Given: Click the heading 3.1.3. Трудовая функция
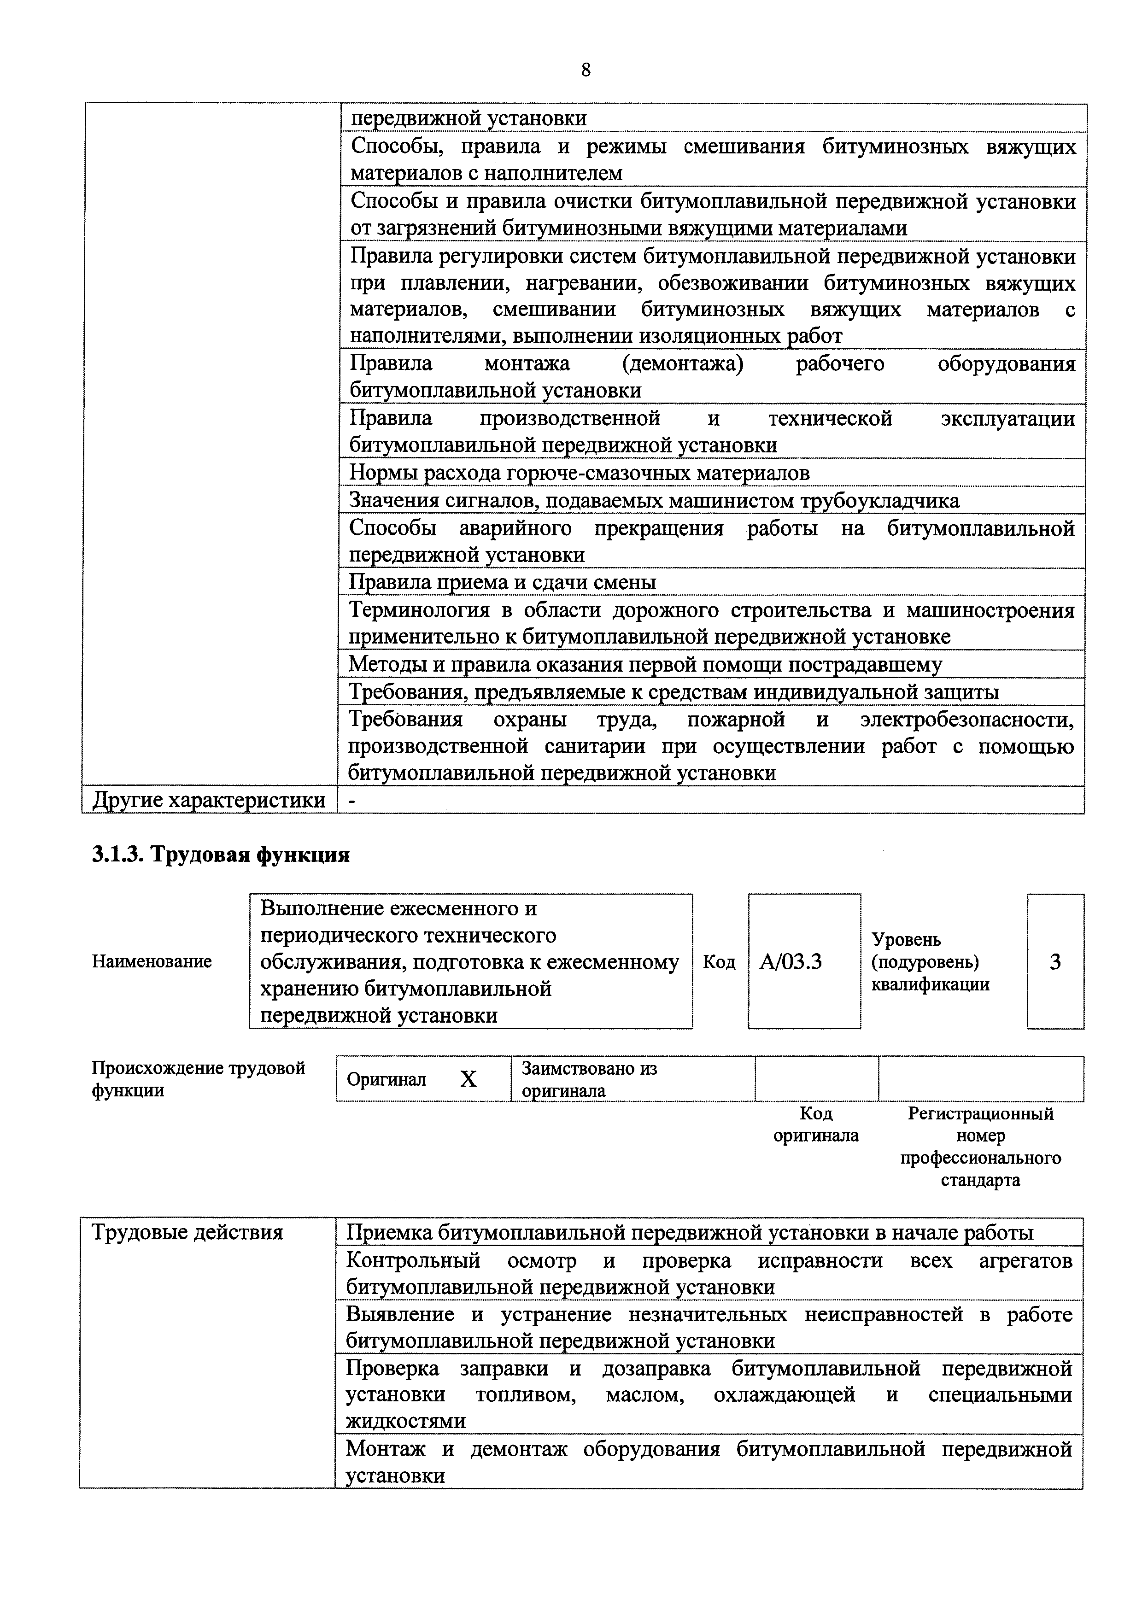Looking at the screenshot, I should pos(220,855).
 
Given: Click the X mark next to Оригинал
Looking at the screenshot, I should pos(468,1079).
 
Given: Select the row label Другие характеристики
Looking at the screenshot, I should pos(209,800).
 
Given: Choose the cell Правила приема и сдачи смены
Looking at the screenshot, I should pos(503,582).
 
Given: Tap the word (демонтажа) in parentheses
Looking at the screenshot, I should pos(682,364).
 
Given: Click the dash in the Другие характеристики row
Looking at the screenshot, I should pos(352,800).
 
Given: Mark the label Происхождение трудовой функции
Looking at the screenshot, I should pos(198,1079).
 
